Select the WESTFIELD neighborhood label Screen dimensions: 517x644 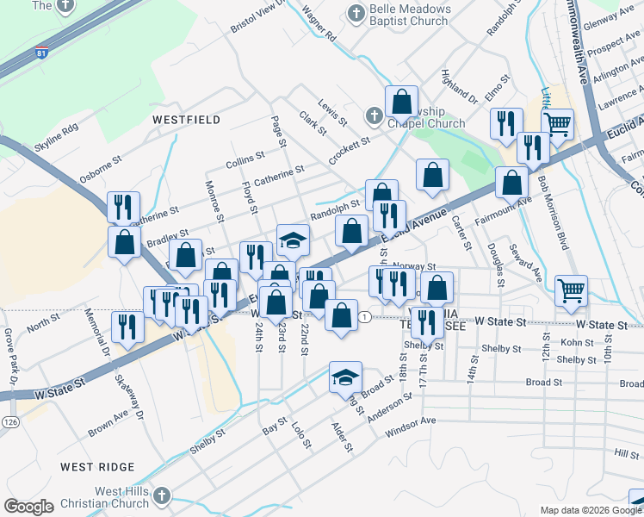coord(185,120)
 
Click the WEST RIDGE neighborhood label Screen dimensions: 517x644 coord(97,466)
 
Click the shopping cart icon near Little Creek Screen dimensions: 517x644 coord(558,124)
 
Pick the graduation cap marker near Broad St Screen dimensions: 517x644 coord(345,377)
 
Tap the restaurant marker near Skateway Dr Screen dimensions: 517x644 coord(127,327)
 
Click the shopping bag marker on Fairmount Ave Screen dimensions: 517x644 coord(512,182)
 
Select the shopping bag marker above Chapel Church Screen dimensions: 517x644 coord(402,102)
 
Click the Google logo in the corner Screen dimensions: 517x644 coord(28,507)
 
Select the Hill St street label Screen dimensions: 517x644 coord(626,453)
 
